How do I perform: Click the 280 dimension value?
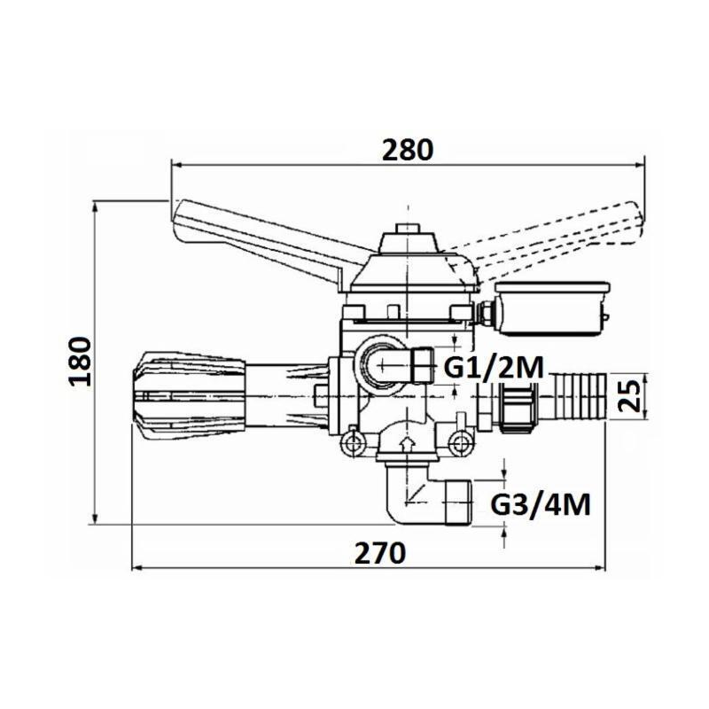pyautogui.click(x=408, y=150)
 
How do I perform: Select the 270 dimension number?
pyautogui.click(x=380, y=552)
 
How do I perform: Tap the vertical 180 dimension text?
pyautogui.click(x=81, y=361)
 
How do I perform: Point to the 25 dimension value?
pyautogui.click(x=630, y=395)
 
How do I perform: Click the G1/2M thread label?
pyautogui.click(x=494, y=367)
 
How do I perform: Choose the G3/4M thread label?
pyautogui.click(x=541, y=504)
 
